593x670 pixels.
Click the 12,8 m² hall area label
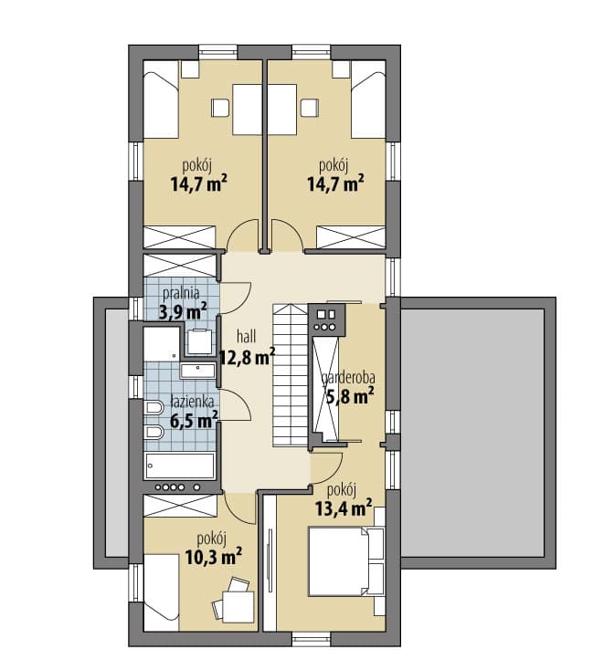coord(247,357)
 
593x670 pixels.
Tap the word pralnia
coord(182,294)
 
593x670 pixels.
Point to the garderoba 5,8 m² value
coord(351,396)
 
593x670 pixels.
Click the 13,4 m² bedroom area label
coord(344,508)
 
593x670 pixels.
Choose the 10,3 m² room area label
coord(214,556)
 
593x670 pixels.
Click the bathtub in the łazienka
coord(180,466)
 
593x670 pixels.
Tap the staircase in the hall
coord(291,375)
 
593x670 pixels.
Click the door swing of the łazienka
coord(236,404)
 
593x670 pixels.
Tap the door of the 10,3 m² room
coord(240,508)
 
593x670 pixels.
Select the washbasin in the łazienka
coord(197,371)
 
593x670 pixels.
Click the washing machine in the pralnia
coord(200,341)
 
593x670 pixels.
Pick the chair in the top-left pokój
coord(220,108)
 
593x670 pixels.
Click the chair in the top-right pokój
coord(310,108)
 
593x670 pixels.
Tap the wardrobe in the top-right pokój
coord(351,237)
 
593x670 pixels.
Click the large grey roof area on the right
coord(472,433)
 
